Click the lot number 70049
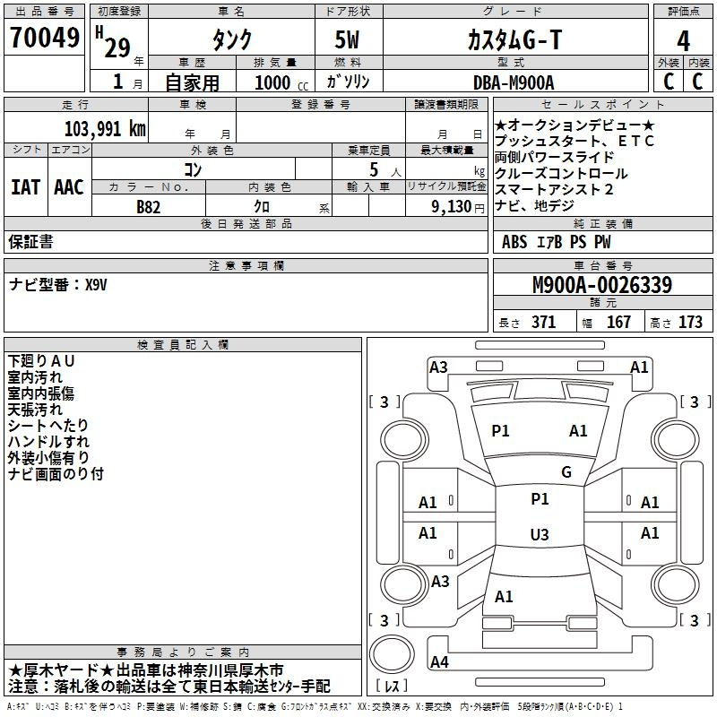pyautogui.click(x=45, y=38)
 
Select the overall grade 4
pyautogui.click(x=683, y=41)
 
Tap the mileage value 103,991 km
pyautogui.click(x=105, y=129)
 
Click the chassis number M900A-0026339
pyautogui.click(x=602, y=284)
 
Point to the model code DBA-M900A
pyautogui.click(x=514, y=82)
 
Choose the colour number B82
pyautogui.click(x=149, y=207)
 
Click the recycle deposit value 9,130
pyautogui.click(x=452, y=206)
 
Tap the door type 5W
pyautogui.click(x=347, y=39)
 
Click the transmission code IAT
pyautogui.click(x=26, y=187)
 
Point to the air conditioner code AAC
pyautogui.click(x=69, y=187)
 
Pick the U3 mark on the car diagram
pyautogui.click(x=540, y=534)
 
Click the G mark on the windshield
pyautogui.click(x=566, y=472)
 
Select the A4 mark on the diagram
pyautogui.click(x=439, y=661)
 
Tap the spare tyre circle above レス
pyautogui.click(x=392, y=653)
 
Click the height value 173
pyautogui.click(x=690, y=322)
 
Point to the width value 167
pyautogui.click(x=618, y=322)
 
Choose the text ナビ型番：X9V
pyautogui.click(x=57, y=285)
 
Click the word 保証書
pyautogui.click(x=30, y=242)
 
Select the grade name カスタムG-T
pyautogui.click(x=514, y=39)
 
